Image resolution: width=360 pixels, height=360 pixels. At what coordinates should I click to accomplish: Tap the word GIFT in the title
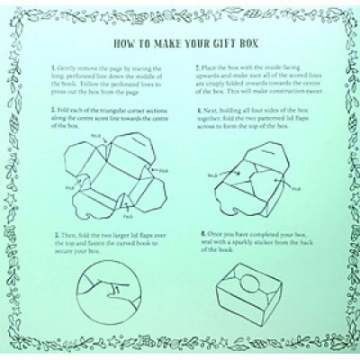[x=219, y=42]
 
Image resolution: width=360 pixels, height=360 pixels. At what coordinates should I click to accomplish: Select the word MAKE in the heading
[x=163, y=42]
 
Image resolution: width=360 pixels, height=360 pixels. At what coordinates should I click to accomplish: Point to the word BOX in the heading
[x=245, y=42]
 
